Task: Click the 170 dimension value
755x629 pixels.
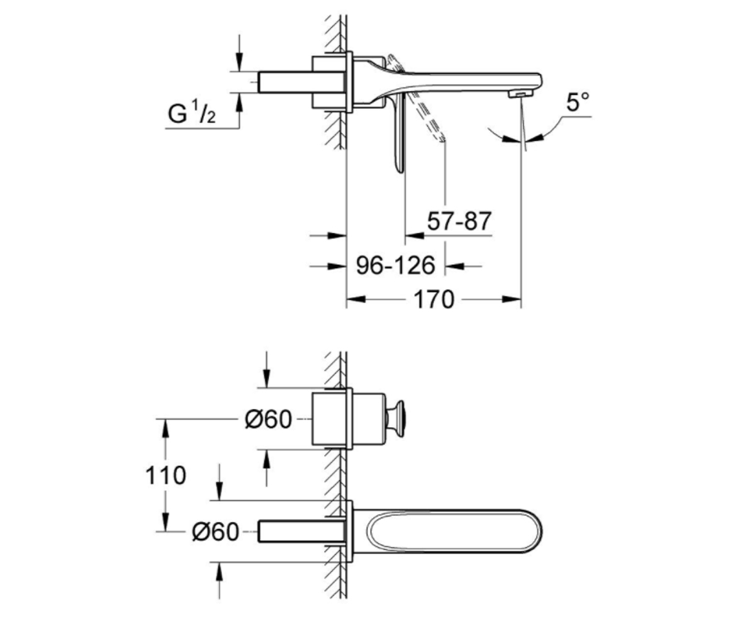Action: click(x=433, y=299)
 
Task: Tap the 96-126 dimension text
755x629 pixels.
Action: click(x=396, y=265)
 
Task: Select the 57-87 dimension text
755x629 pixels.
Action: click(x=459, y=221)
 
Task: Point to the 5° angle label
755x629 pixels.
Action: click(x=578, y=103)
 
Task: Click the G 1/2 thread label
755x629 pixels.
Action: click(x=192, y=113)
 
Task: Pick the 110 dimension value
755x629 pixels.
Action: click(x=165, y=475)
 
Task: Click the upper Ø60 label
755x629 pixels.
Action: click(x=268, y=420)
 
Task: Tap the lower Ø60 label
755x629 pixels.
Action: click(x=216, y=532)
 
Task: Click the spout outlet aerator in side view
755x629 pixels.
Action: click(x=521, y=94)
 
